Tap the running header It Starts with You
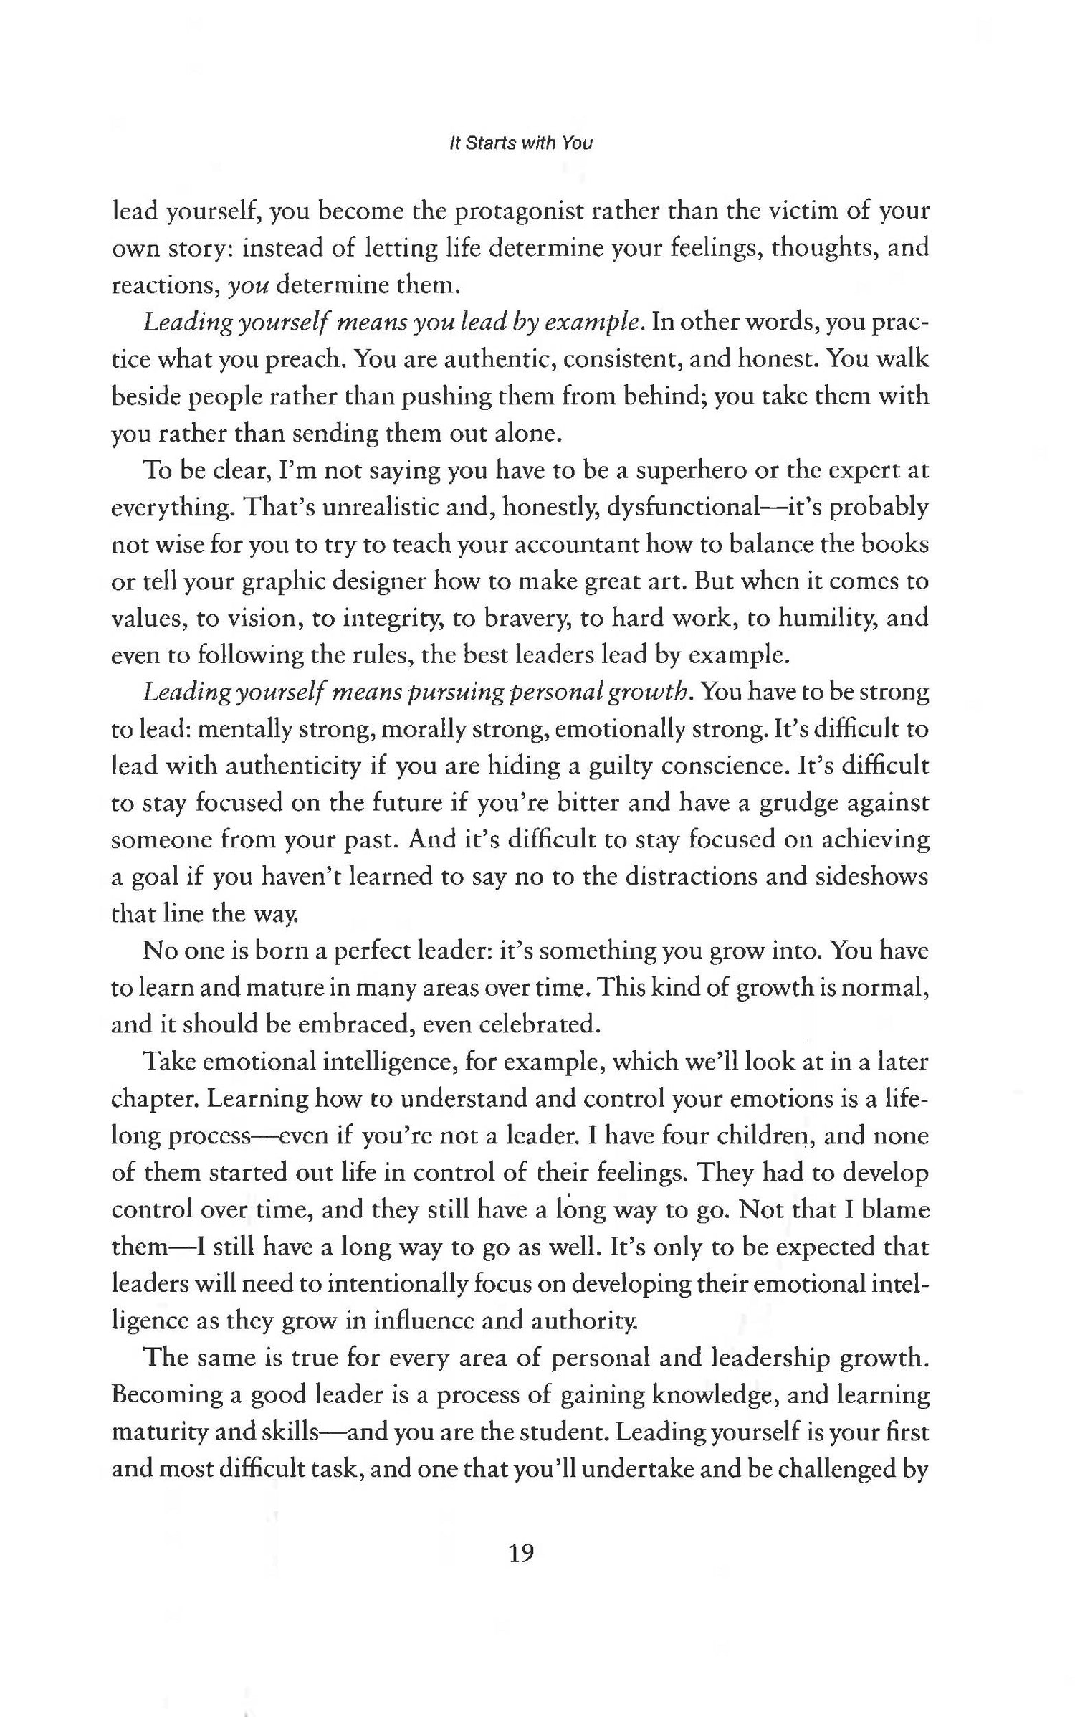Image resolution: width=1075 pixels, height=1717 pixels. point(521,143)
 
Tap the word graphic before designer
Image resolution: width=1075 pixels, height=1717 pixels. point(285,582)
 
